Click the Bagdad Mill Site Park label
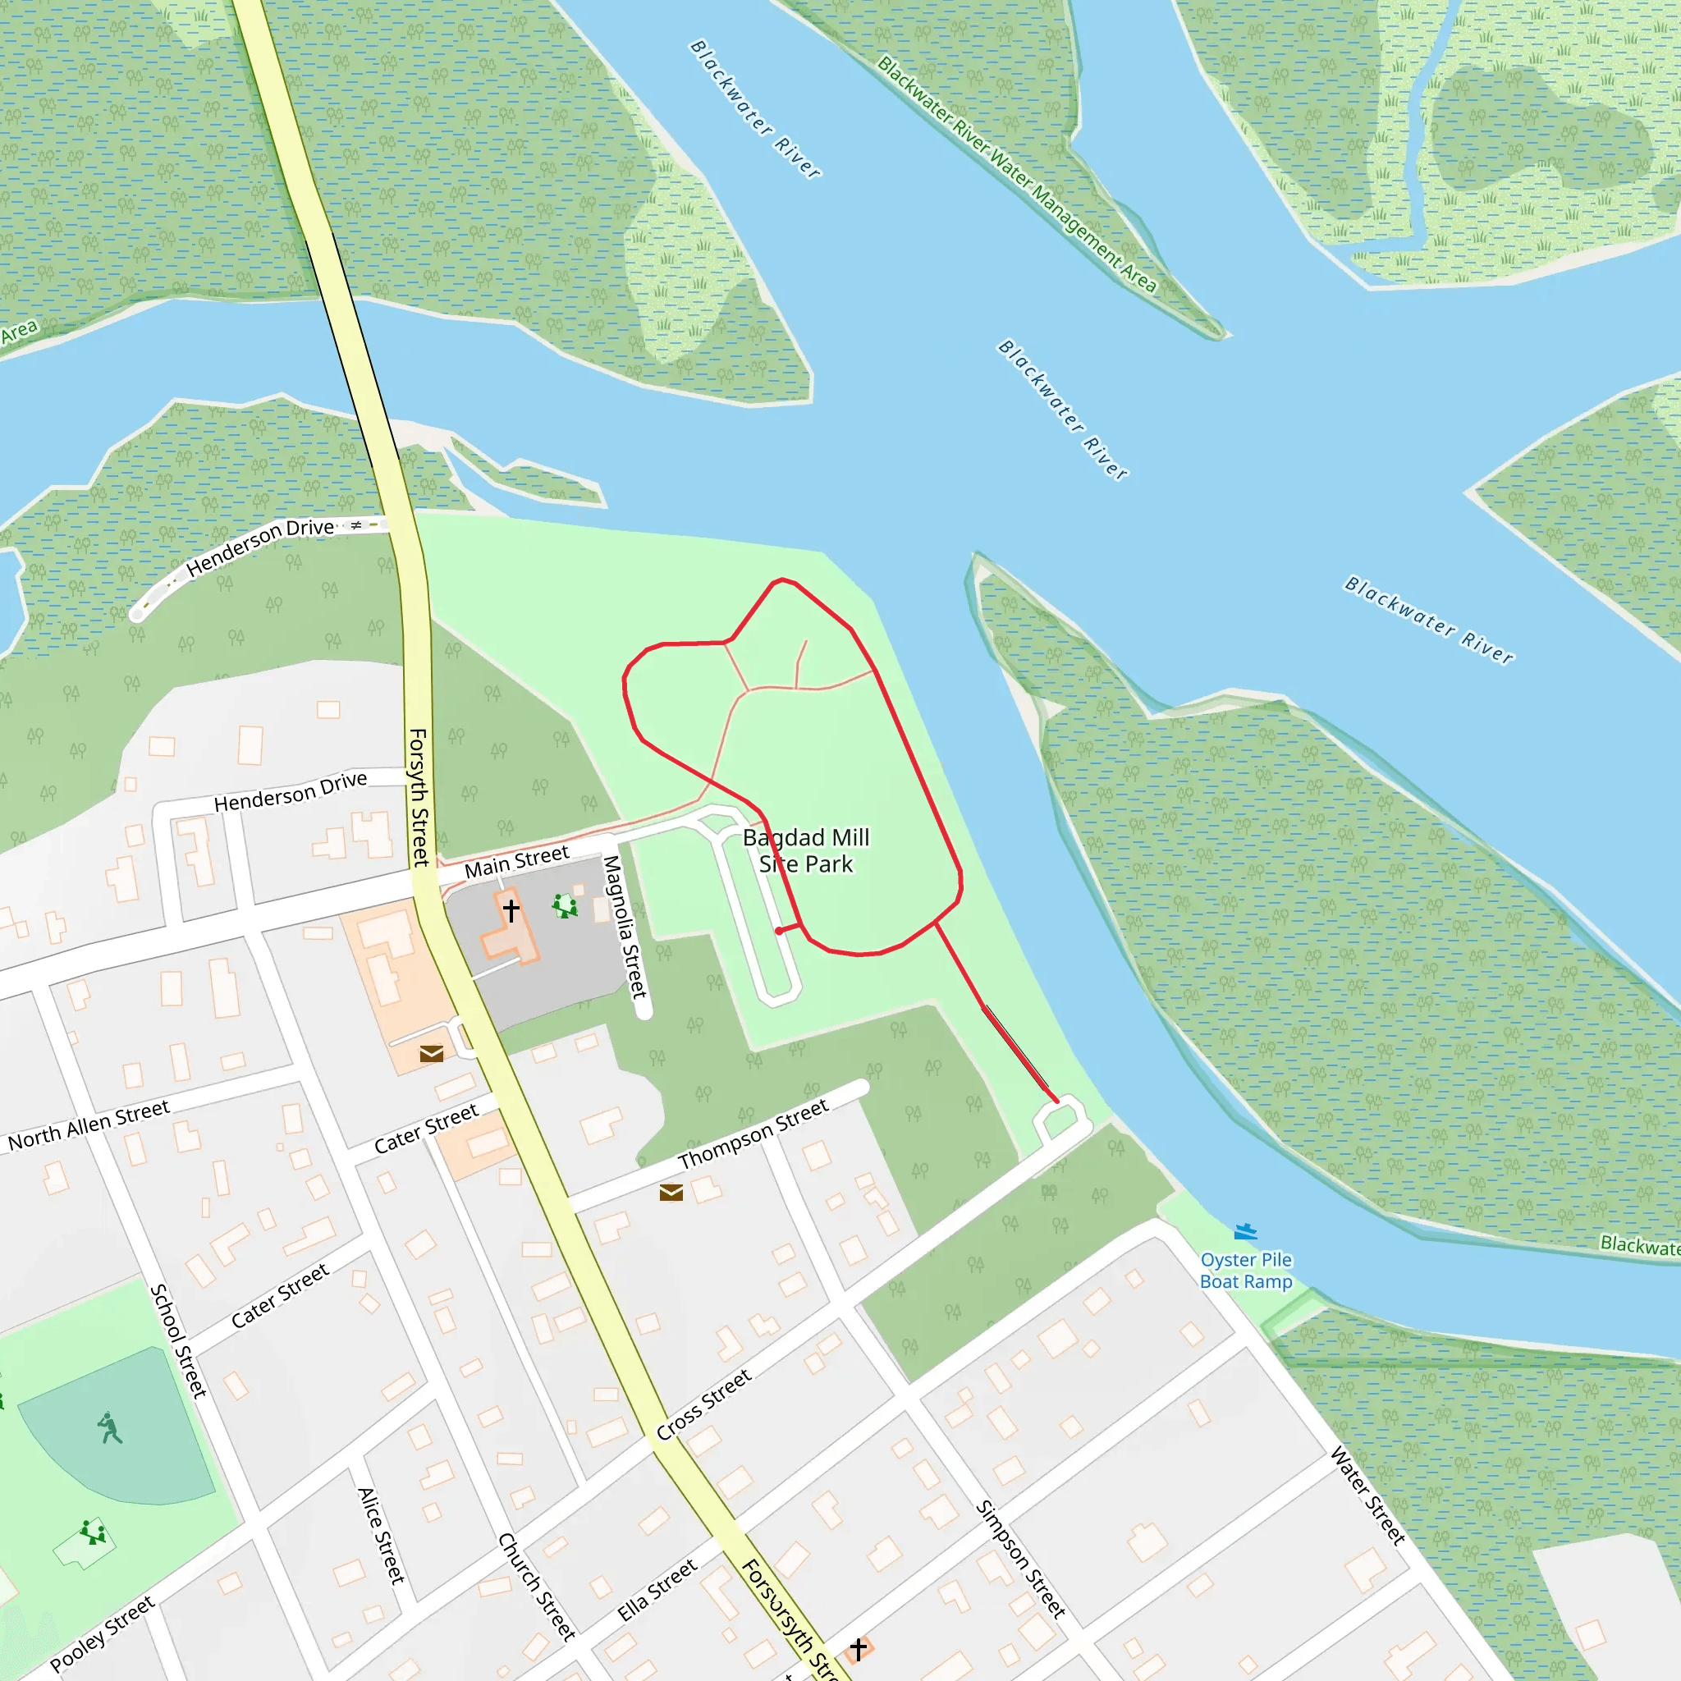coord(806,850)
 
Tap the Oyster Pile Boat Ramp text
coord(1246,1271)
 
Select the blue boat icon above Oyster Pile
coord(1246,1231)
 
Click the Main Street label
coord(516,861)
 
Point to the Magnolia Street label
coord(625,926)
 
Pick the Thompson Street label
coord(753,1134)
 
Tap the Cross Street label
coord(704,1404)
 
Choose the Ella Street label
coord(657,1591)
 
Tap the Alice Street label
coord(382,1536)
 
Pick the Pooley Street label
coord(103,1634)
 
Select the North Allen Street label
coord(89,1125)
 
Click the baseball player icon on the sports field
coord(110,1428)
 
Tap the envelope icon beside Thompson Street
coord(671,1192)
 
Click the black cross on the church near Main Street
coord(511,910)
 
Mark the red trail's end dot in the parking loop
coord(779,931)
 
